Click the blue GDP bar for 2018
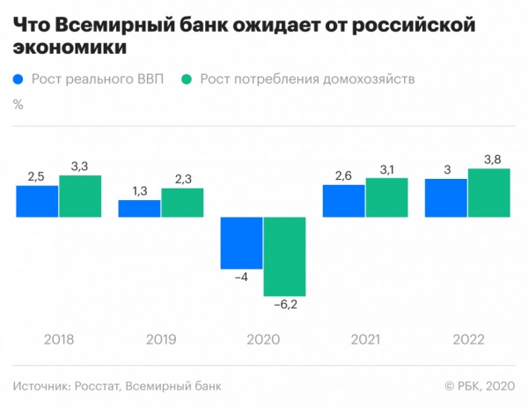click(x=37, y=202)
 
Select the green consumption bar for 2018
click(x=80, y=196)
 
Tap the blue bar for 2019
click(x=139, y=208)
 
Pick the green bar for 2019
click(x=182, y=203)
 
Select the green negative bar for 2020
click(x=284, y=256)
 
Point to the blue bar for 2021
click(x=343, y=200)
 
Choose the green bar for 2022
click(x=488, y=192)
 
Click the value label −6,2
click(x=287, y=305)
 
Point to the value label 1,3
click(x=138, y=191)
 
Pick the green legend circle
click(x=187, y=79)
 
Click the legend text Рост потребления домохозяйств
click(x=307, y=79)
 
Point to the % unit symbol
click(x=18, y=104)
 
